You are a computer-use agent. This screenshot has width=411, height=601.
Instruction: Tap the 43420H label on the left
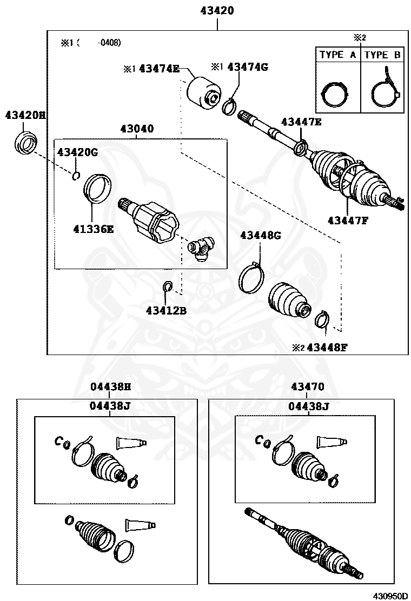coord(25,115)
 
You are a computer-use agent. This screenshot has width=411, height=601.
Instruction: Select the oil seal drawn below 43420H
coord(25,143)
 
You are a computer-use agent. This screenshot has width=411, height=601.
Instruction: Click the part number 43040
coord(137,129)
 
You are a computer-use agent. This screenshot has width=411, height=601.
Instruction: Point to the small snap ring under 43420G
coord(76,175)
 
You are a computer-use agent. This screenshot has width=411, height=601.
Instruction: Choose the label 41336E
coord(94,229)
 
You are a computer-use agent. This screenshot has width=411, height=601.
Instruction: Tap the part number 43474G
coord(247,67)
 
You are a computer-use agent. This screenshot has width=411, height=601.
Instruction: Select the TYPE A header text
coord(337,55)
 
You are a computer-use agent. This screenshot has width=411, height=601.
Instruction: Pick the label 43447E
coord(301,122)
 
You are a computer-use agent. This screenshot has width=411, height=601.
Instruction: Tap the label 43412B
coord(166,311)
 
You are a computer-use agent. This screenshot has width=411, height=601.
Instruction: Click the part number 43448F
coord(326,348)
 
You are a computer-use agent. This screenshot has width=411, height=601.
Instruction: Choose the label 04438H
coord(110,386)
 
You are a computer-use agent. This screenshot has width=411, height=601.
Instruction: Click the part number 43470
coord(307,386)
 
